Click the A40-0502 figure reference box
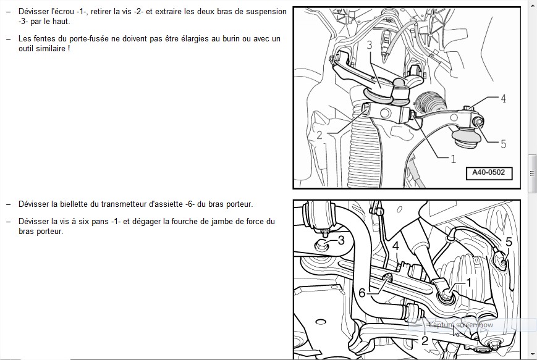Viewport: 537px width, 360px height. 489,173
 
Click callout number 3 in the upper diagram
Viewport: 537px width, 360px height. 369,45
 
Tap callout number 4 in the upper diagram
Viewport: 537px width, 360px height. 503,99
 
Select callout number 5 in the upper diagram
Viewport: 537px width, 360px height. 503,144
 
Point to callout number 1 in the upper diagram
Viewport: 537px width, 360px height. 453,159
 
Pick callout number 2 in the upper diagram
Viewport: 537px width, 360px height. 319,135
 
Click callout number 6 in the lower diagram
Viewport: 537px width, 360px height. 362,293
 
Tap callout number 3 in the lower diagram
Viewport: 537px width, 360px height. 341,240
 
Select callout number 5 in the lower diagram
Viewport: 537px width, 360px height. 509,242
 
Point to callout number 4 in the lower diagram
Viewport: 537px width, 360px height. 396,246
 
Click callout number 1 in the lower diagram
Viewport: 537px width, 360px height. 469,282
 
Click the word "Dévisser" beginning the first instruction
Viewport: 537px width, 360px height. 33,11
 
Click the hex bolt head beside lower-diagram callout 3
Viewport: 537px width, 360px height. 321,245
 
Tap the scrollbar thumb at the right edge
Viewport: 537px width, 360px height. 532,173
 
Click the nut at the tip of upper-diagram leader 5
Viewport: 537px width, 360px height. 479,122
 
